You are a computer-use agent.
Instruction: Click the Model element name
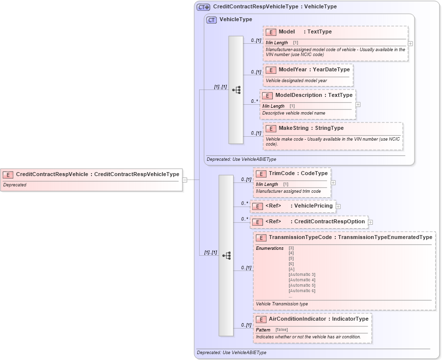(287, 32)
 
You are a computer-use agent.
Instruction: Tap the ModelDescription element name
(298, 95)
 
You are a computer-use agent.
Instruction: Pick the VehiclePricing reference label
(313, 206)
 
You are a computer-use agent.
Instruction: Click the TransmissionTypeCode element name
(300, 237)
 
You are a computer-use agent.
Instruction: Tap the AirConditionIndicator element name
(297, 319)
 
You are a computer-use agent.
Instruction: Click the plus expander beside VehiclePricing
(338, 206)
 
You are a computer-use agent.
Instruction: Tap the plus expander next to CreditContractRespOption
(371, 222)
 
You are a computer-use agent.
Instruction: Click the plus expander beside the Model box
(411, 43)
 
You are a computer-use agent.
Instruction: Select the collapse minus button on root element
(185, 180)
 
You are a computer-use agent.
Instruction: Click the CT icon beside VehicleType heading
(211, 20)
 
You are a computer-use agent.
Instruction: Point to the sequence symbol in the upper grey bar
(236, 90)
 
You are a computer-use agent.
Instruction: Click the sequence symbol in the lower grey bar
(226, 255)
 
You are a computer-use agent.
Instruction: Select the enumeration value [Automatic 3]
(301, 274)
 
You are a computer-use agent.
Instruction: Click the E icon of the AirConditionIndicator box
(261, 319)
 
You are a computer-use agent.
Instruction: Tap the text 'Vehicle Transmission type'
(282, 304)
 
